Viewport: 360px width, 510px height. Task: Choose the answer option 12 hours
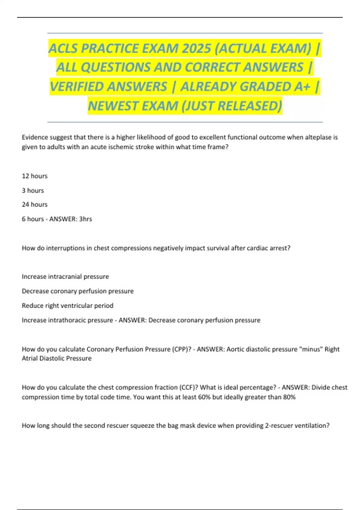pos(34,176)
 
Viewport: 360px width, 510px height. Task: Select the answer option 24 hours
pos(34,205)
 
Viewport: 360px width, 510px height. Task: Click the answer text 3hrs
pos(85,219)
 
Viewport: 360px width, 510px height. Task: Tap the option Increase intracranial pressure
pos(65,277)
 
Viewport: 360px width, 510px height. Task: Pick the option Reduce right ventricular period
pos(67,306)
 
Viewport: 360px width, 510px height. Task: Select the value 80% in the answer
pos(289,397)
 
